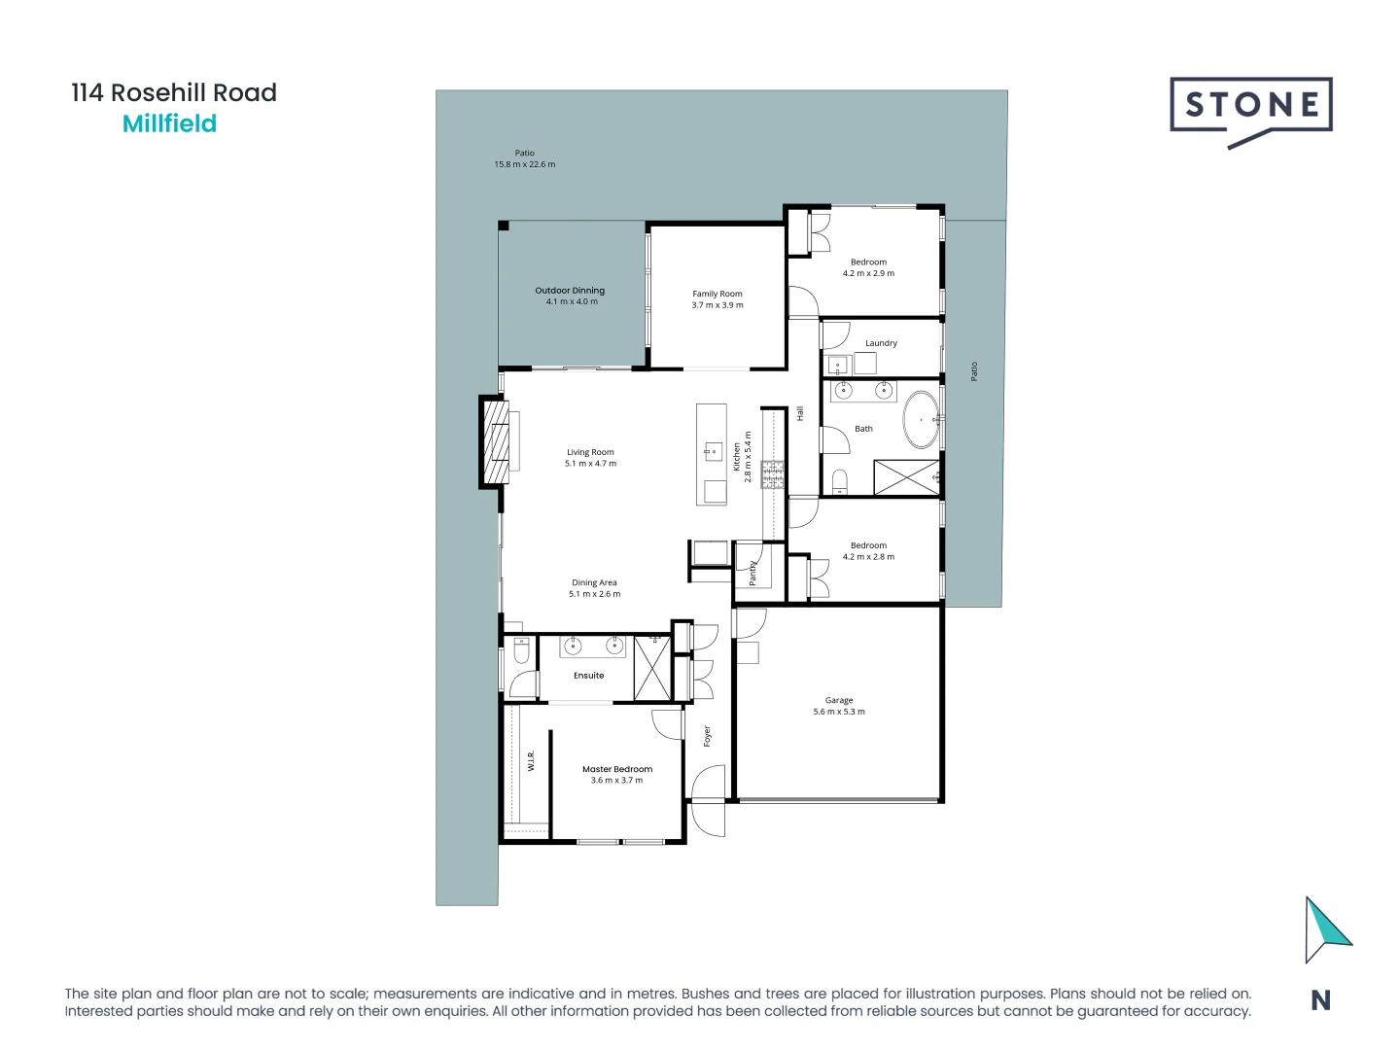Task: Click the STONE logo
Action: [1250, 109]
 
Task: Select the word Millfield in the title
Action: [169, 124]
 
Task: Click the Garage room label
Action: [838, 700]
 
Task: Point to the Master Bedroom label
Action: [617, 769]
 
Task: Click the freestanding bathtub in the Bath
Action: [921, 420]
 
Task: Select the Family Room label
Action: [717, 294]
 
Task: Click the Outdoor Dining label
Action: [570, 291]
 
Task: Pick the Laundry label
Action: [881, 343]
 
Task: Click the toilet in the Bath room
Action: [839, 481]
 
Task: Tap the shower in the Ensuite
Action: [651, 667]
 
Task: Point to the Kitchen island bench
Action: [712, 454]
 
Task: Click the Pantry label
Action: [752, 573]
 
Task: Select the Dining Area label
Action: [594, 582]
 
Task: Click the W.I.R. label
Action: [532, 760]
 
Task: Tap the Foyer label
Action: [708, 736]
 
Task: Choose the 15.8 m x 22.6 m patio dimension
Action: [525, 164]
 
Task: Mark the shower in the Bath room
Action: [906, 477]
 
